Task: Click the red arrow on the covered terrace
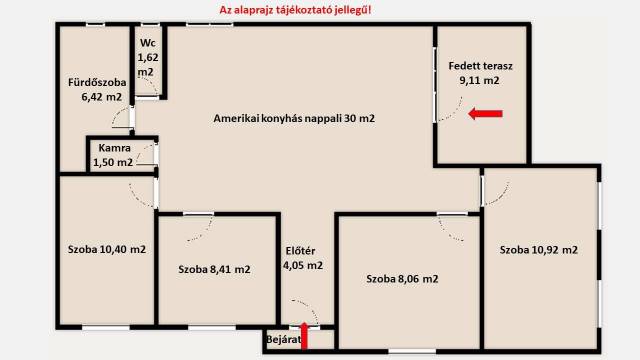pyautogui.click(x=485, y=114)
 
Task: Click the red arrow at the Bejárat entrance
pyautogui.click(x=304, y=336)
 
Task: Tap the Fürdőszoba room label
pyautogui.click(x=97, y=90)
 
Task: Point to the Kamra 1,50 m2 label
pyautogui.click(x=113, y=155)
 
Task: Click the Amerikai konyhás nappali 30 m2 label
pyautogui.click(x=294, y=118)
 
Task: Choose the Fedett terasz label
pyautogui.click(x=480, y=73)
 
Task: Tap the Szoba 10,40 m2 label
pyautogui.click(x=107, y=249)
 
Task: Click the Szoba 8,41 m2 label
pyautogui.click(x=214, y=269)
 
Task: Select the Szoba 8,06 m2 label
pyautogui.click(x=402, y=279)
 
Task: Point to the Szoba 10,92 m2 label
pyautogui.click(x=539, y=250)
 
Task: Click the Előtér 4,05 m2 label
pyautogui.click(x=303, y=258)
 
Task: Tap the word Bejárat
pyautogui.click(x=284, y=340)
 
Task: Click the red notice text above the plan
pyautogui.click(x=296, y=10)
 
